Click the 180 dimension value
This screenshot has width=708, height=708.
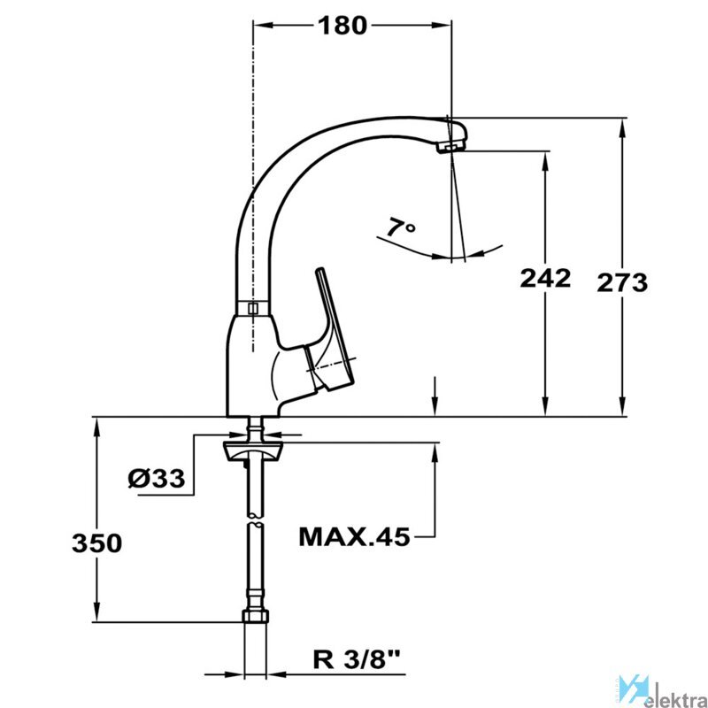(x=342, y=26)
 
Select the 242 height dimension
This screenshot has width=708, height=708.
(x=545, y=278)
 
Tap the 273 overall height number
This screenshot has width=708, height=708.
(x=622, y=283)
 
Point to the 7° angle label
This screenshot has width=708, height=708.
(x=401, y=227)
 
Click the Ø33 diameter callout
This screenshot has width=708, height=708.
(x=157, y=478)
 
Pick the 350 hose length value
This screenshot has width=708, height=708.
(x=96, y=543)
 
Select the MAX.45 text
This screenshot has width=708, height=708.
(x=355, y=537)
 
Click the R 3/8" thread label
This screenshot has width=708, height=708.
(x=357, y=660)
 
